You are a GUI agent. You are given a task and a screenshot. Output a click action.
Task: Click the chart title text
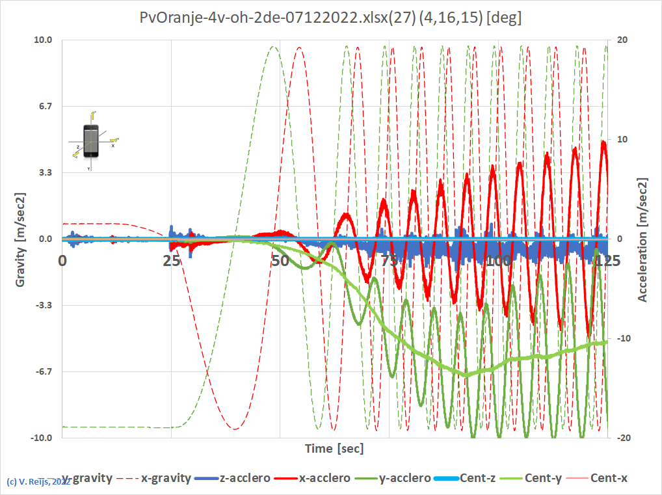330,18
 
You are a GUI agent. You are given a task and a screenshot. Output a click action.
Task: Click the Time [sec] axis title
335,449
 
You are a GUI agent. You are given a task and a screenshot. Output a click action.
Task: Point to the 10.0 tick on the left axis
43,40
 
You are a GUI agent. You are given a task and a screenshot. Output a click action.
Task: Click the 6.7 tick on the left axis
46,106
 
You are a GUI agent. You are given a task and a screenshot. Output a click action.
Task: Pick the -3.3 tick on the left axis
44,305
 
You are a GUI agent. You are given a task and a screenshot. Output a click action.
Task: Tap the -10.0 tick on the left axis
42,438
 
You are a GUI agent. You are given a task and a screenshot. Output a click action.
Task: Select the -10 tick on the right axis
623,338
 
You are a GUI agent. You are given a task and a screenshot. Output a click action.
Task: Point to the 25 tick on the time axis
171,260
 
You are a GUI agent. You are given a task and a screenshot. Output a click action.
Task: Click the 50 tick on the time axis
280,260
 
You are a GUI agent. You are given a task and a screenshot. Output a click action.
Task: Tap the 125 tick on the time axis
607,260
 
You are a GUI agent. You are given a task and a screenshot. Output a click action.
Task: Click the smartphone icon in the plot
91,140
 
